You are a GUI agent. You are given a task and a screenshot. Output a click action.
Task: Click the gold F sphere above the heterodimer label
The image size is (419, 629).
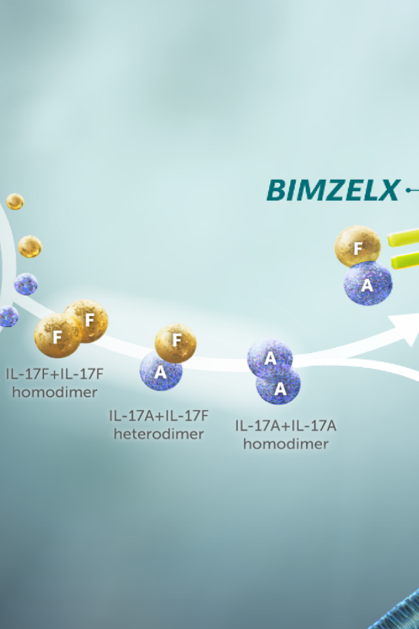tap(176, 342)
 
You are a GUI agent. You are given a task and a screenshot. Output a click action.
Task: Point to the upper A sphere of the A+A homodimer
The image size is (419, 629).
tap(269, 358)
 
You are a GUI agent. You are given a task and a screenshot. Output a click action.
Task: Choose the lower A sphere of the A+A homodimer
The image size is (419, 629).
tap(280, 387)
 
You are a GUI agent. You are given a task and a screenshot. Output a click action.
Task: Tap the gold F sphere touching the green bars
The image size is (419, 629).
tap(358, 248)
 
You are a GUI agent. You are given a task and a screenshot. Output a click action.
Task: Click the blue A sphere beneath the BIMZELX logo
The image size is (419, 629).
tap(368, 285)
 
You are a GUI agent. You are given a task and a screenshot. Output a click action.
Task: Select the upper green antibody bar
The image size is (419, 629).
tap(404, 238)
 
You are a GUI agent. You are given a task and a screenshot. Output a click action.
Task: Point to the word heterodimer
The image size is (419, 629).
tap(159, 434)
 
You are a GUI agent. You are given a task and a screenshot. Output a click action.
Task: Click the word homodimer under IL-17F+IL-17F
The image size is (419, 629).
tap(54, 392)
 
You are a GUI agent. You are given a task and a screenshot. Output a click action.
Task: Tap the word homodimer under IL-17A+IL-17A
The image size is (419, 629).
tap(286, 443)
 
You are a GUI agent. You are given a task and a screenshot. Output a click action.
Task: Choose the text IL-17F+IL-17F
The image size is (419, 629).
tap(54, 374)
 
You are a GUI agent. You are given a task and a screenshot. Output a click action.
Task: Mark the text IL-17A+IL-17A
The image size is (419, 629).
tap(286, 426)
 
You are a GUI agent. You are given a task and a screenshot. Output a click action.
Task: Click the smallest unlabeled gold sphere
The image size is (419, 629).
tap(15, 201)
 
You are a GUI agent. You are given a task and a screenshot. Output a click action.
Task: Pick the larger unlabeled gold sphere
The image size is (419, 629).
tap(30, 246)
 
